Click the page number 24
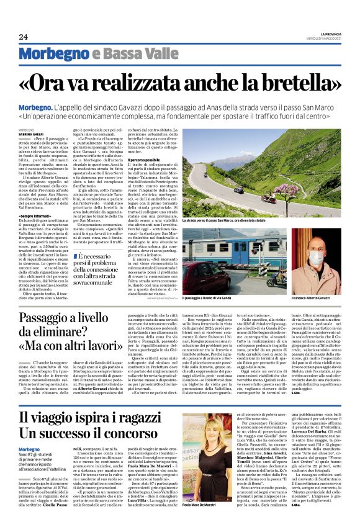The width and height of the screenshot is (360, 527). coord(23,37)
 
